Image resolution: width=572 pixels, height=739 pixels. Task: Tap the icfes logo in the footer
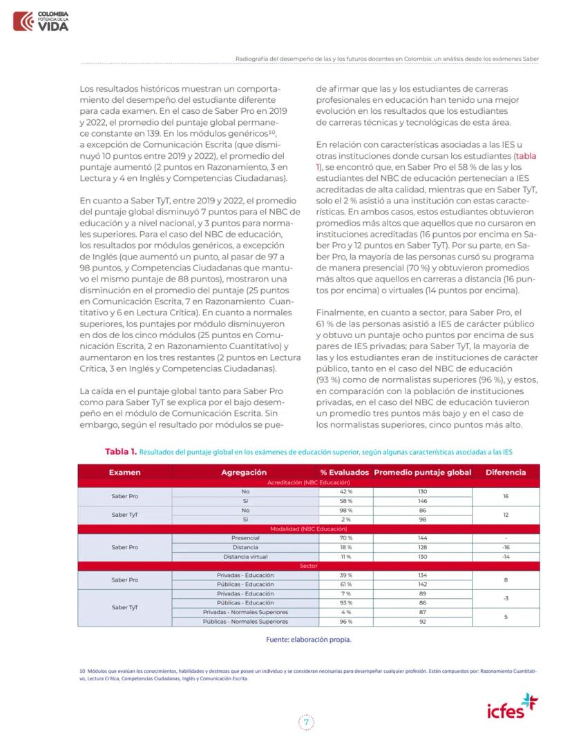511,707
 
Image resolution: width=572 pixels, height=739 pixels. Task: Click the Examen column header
124,473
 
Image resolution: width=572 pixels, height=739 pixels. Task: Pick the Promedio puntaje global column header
422,473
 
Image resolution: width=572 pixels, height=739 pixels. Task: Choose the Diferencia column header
506,473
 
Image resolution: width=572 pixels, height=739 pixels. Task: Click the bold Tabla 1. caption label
120,451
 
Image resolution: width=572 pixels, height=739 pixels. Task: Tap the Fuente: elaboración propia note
308,639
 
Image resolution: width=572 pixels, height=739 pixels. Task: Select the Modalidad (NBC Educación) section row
308,529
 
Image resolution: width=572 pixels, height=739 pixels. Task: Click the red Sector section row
308,566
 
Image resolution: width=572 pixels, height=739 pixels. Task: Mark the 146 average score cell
422,501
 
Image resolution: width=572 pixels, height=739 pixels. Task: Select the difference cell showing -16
506,547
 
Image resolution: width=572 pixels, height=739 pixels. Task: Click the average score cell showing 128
422,547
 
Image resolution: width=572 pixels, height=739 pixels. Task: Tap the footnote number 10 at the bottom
82,670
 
